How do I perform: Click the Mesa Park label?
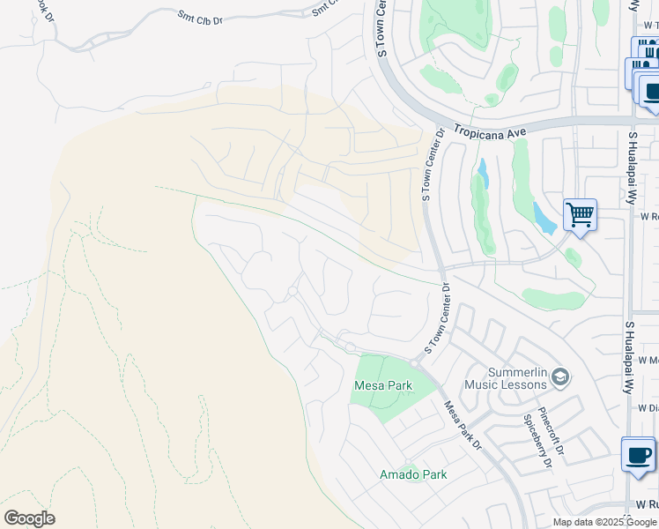tap(382, 386)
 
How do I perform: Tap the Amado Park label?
tap(412, 474)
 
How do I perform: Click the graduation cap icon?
tap(560, 378)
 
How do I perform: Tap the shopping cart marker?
tap(580, 214)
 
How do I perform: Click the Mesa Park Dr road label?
tap(461, 424)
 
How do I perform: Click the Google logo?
tap(29, 518)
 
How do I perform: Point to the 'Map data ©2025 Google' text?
tap(605, 522)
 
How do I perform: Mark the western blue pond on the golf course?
tap(482, 174)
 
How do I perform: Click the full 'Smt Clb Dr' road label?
tap(200, 15)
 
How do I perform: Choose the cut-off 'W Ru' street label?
tap(648, 505)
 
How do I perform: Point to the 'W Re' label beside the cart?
tap(649, 215)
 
